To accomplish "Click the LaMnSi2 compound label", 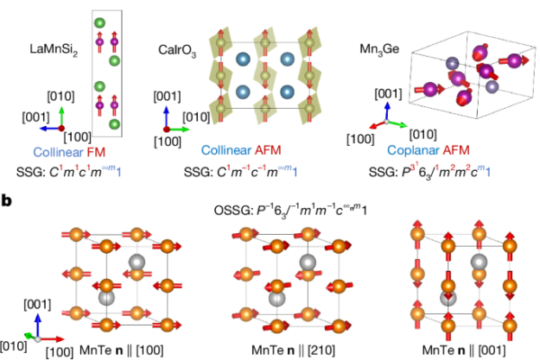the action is (x=54, y=49).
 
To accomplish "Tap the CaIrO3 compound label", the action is (x=177, y=50).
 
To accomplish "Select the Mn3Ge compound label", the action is (x=380, y=49).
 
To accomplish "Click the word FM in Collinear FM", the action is (x=96, y=152).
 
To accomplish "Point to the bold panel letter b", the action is (x=6, y=201).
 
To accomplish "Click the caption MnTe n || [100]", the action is (x=121, y=350).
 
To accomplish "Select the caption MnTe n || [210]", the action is (x=293, y=350).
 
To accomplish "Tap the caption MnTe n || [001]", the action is (x=463, y=350).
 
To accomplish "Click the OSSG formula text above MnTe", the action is (x=291, y=210).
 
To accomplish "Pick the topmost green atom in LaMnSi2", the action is (x=100, y=23).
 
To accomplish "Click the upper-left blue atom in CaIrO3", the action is (x=243, y=58).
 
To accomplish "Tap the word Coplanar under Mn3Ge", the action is (x=413, y=150).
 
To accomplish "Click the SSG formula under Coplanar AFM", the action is (x=429, y=171).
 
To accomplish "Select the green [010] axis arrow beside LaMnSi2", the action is (x=61, y=117).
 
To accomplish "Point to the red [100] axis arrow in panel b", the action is (x=51, y=339).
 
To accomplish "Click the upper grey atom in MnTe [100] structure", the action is (x=137, y=263).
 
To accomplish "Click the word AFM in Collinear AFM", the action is (x=268, y=150).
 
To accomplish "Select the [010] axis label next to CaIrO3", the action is (x=196, y=117).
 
